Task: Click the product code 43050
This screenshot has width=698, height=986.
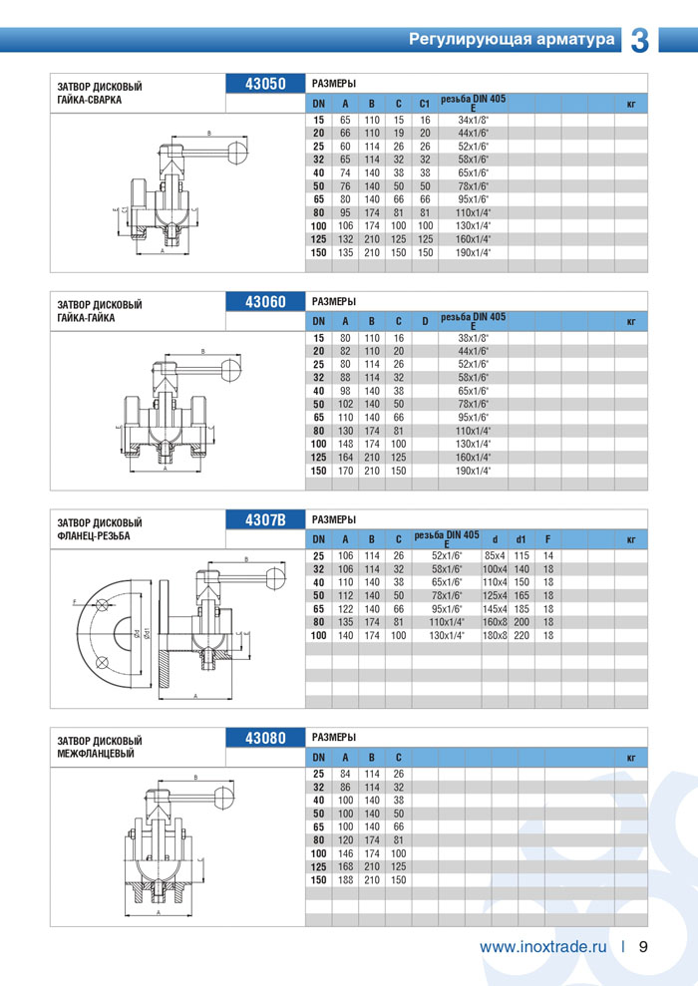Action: pos(265,84)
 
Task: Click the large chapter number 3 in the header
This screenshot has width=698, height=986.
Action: pos(639,39)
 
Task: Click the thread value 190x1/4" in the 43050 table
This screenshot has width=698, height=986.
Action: pos(473,252)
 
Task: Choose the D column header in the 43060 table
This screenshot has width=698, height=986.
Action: pos(424,321)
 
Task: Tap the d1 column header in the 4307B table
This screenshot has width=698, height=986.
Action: pos(522,539)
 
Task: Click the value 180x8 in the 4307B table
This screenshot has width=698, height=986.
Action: pos(495,635)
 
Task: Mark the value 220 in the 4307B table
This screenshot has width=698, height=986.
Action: pos(522,635)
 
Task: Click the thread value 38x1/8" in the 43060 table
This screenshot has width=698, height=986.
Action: pos(473,339)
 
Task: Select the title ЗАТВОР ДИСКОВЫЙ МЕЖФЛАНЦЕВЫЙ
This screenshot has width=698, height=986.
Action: pos(100,746)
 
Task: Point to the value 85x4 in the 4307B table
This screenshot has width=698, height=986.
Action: pos(495,555)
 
